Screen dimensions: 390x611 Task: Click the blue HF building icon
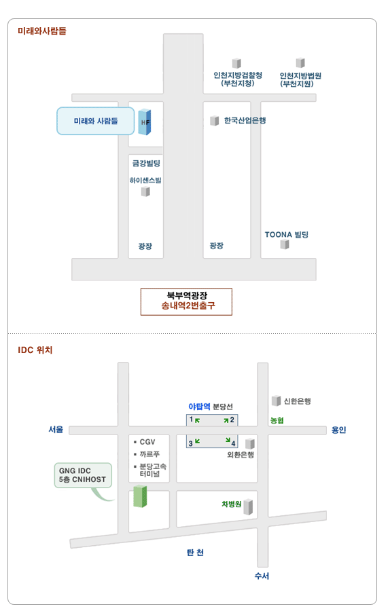click(145, 122)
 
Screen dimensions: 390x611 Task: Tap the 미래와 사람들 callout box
click(96, 122)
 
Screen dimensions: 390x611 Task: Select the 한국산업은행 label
click(245, 120)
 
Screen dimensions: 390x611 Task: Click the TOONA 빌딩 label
click(287, 235)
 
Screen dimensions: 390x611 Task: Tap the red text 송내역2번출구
click(188, 305)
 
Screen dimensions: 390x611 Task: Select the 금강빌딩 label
click(146, 163)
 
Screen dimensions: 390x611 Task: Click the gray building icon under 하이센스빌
click(145, 191)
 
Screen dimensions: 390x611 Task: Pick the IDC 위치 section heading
click(35, 350)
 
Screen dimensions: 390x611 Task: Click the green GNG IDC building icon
click(140, 496)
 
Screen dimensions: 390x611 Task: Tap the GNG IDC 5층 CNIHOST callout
click(83, 475)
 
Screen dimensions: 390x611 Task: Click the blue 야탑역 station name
click(199, 407)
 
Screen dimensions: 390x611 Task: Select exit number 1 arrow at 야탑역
click(198, 420)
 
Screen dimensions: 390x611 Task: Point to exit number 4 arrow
click(228, 441)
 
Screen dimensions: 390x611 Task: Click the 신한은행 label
click(297, 401)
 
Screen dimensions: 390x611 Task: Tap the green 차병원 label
click(232, 504)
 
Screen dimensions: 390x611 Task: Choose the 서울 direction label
click(56, 430)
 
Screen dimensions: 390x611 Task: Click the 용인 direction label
click(338, 430)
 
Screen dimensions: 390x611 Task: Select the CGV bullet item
click(145, 442)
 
